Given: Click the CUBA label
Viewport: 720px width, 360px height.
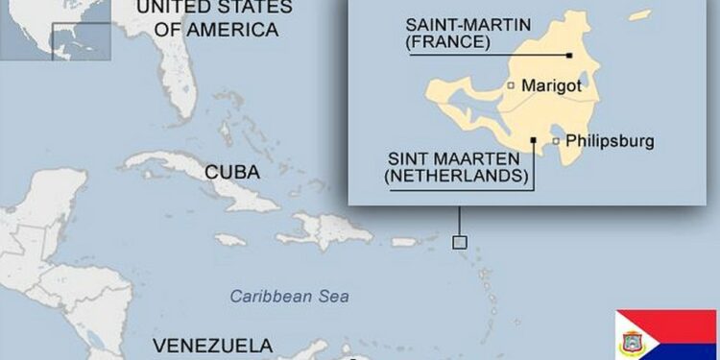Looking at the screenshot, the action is click(x=233, y=173).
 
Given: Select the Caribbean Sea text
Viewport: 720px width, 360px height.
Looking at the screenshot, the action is click(x=290, y=297).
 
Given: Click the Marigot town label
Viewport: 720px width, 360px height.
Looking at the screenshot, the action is click(x=552, y=85).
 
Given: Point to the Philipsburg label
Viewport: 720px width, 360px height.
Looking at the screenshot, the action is click(x=610, y=141).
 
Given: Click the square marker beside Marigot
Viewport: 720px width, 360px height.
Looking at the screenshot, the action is click(x=512, y=85).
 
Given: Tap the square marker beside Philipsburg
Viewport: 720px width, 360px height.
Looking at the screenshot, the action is click(x=556, y=142).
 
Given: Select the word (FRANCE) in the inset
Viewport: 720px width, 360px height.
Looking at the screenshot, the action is click(x=448, y=43).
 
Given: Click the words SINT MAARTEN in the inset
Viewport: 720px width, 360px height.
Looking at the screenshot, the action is click(x=458, y=159).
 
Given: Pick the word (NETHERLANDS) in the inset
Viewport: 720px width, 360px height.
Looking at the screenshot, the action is click(x=456, y=176).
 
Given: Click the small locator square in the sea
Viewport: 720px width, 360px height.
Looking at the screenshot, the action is click(x=460, y=242).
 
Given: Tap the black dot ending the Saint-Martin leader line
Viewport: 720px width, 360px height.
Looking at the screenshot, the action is click(x=569, y=56).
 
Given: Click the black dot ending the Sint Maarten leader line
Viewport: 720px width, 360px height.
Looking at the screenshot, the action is click(x=533, y=140).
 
